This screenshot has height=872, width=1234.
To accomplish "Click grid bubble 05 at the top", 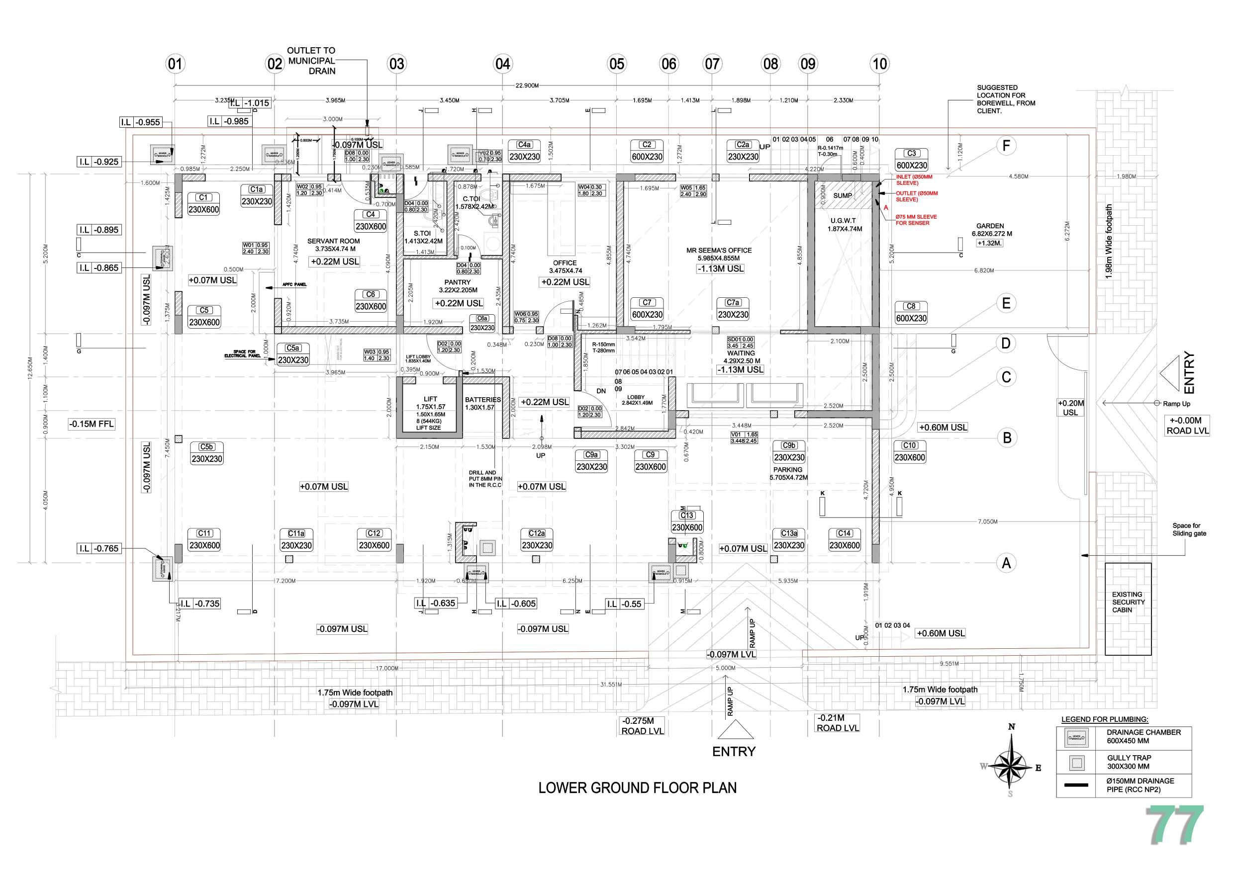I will [616, 64].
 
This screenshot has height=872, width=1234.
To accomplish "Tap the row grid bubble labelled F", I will [1006, 146].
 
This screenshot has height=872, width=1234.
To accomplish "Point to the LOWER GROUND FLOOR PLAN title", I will [638, 788].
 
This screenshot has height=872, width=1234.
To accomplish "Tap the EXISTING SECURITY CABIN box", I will [1128, 609].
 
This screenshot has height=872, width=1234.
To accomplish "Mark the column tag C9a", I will [591, 455].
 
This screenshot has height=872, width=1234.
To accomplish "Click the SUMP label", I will [842, 195].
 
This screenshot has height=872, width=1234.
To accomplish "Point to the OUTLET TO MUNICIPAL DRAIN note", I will [311, 61].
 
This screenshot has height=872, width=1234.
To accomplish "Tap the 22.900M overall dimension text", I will [527, 86].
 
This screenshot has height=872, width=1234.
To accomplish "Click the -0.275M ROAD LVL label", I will [642, 726].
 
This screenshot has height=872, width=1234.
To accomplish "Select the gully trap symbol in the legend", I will [1076, 763].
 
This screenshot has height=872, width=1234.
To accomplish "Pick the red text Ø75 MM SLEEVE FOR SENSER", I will [916, 220].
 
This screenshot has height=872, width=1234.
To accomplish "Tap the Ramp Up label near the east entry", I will [1176, 404].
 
